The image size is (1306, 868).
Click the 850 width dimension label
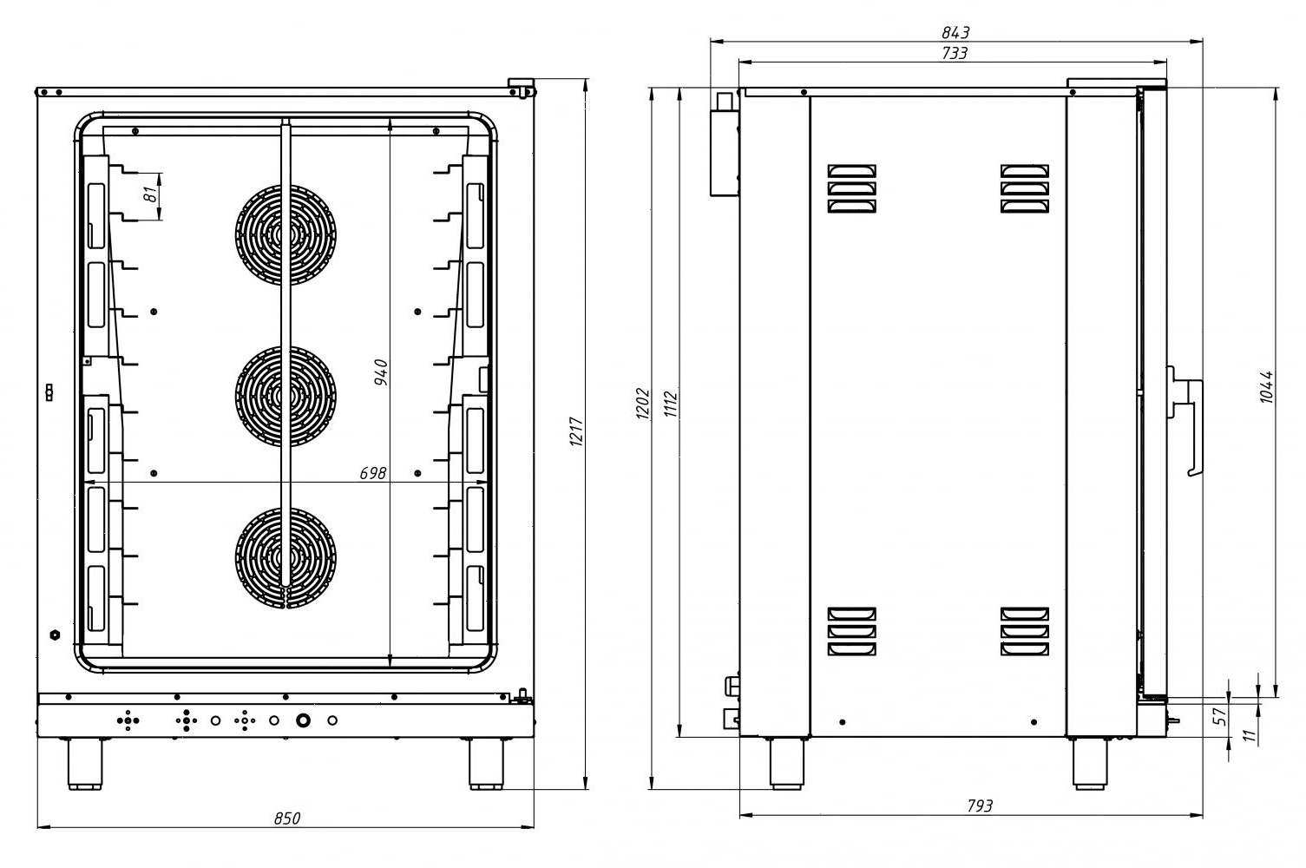tap(287, 819)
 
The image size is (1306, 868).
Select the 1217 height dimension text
tap(576, 431)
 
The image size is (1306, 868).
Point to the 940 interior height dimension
tap(381, 372)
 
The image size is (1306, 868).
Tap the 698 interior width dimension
tap(372, 473)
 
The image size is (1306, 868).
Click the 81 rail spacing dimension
tap(151, 194)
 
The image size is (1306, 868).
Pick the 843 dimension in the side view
tap(955, 32)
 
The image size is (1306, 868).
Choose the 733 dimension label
tap(955, 53)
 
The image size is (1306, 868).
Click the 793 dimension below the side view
tap(980, 806)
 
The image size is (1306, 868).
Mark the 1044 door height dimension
tap(1266, 387)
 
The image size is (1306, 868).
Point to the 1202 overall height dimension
tap(642, 403)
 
